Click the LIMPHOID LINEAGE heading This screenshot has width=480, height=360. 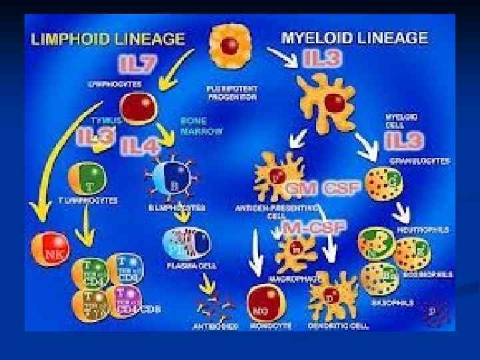pos(107,39)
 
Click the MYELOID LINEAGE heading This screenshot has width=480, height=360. pos(354,37)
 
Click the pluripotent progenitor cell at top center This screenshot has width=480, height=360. pos(231,45)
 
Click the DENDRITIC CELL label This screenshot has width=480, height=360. pos(331,326)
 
